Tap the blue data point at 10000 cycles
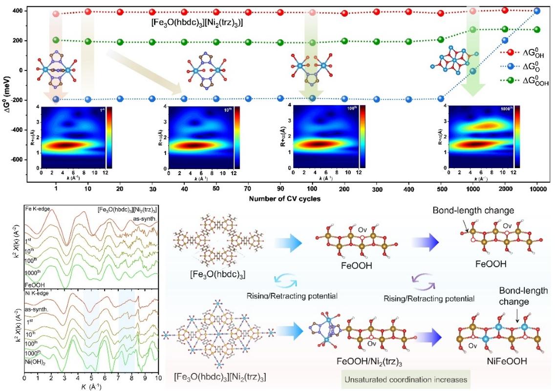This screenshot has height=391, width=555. (x=537, y=11)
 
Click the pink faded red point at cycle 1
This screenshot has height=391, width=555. (x=56, y=14)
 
